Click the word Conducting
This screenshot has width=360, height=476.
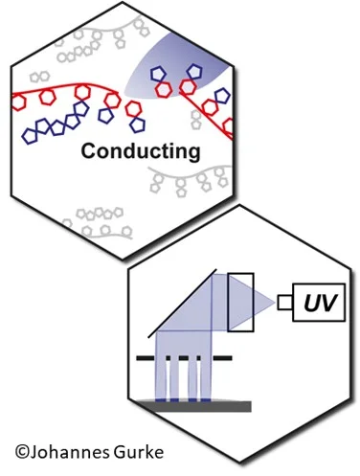click(141, 151)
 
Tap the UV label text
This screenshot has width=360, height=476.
click(320, 303)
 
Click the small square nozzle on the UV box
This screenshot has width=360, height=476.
click(285, 303)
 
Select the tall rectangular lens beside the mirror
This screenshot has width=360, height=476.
click(241, 302)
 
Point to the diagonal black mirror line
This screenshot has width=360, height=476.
click(182, 304)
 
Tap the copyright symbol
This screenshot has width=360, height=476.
click(22, 452)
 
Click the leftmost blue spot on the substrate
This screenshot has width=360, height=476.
click(160, 400)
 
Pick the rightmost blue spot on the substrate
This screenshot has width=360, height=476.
click(206, 400)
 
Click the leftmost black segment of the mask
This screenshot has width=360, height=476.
click(146, 358)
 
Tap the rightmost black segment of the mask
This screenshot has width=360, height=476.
click(222, 358)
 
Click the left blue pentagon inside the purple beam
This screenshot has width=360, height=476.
click(157, 74)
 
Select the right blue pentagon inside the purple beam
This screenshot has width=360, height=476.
click(194, 72)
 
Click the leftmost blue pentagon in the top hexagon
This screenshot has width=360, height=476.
click(30, 136)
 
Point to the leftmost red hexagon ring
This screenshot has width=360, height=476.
click(18, 102)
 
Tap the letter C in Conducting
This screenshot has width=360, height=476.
click(88, 151)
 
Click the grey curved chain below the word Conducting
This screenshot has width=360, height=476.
click(189, 175)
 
